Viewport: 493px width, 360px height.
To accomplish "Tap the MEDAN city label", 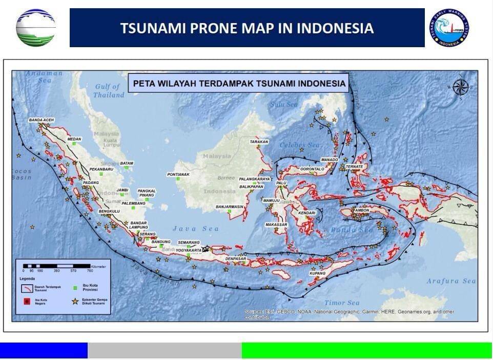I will pos(74,138).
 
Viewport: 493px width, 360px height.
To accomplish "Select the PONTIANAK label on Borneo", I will pos(178,174).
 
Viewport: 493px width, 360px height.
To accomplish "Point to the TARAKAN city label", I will pos(259,142).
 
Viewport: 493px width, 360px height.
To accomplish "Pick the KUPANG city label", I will pos(317,273).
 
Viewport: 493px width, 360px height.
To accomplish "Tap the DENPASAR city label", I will pos(236,259).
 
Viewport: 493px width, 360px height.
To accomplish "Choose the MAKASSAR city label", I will pos(276,225).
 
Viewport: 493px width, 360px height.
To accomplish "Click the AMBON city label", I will pos(362,210).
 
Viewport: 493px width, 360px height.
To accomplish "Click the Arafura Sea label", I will pos(451,281).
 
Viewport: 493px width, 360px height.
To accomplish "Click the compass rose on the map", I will pos(460,87).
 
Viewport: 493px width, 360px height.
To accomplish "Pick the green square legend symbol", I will pos(75,288).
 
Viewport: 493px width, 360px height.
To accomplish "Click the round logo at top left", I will pos(35,28).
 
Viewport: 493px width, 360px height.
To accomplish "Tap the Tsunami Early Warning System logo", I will pos(449,28).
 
